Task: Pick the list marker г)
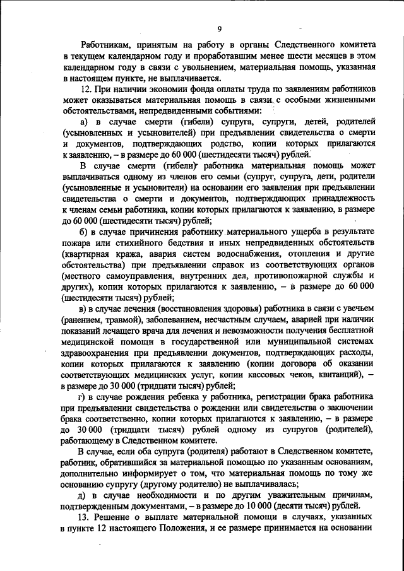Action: [85, 396]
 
